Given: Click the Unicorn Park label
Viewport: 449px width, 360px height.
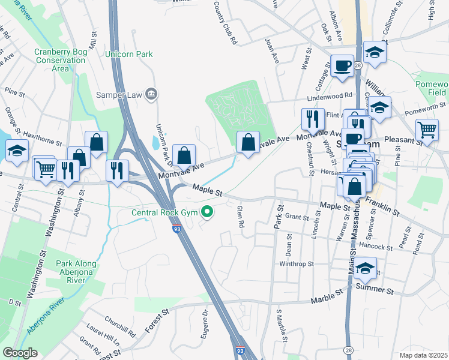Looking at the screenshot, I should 129,55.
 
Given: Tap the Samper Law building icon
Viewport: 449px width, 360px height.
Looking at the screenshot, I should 151,94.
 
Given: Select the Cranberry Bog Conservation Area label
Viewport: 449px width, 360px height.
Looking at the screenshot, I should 60,60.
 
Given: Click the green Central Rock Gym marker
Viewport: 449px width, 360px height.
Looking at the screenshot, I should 207,211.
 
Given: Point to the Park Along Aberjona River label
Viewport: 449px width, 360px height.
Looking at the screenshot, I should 85,268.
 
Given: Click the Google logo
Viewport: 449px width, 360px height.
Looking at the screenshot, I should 20,353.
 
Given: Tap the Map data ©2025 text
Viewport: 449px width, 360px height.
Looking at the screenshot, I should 423,355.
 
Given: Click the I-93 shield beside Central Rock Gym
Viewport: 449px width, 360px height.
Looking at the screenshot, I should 176,229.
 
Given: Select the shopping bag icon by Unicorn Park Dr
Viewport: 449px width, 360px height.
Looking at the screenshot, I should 184,155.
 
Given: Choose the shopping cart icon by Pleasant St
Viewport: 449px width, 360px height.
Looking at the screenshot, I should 426,129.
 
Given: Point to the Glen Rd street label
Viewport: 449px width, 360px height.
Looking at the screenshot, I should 241,216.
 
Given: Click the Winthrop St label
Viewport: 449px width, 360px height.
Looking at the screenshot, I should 297,264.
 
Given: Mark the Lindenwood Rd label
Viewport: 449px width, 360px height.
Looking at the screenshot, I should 330,96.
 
